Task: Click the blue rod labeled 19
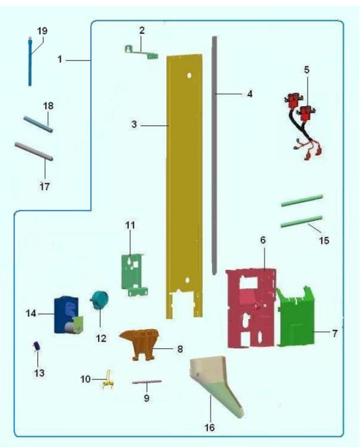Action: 30,61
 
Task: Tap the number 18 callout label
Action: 48,106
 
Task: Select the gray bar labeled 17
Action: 33,151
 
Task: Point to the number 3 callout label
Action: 134,124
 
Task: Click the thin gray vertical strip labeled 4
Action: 214,155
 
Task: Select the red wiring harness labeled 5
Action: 303,125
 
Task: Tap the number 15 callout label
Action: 324,241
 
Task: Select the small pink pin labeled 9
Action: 147,382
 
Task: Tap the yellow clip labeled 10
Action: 108,380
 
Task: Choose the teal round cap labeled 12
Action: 99,299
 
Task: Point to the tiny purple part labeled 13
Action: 37,346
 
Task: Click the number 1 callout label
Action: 59,59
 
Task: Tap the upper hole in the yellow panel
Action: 189,76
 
